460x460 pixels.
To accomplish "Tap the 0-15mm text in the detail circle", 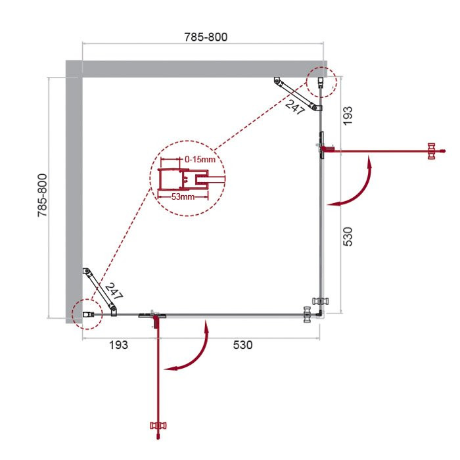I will tap(200, 159).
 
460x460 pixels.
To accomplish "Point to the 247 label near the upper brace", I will tap(295, 106).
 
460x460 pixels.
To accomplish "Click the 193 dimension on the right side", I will tap(348, 115).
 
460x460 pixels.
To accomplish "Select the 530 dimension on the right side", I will tap(348, 235).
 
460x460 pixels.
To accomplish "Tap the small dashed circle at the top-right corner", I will tap(321, 83).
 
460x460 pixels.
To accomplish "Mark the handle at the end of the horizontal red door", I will tap(432, 151).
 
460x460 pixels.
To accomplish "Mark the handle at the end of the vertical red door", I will tap(156, 429).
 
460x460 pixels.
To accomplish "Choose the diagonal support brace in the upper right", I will tap(296, 95).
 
